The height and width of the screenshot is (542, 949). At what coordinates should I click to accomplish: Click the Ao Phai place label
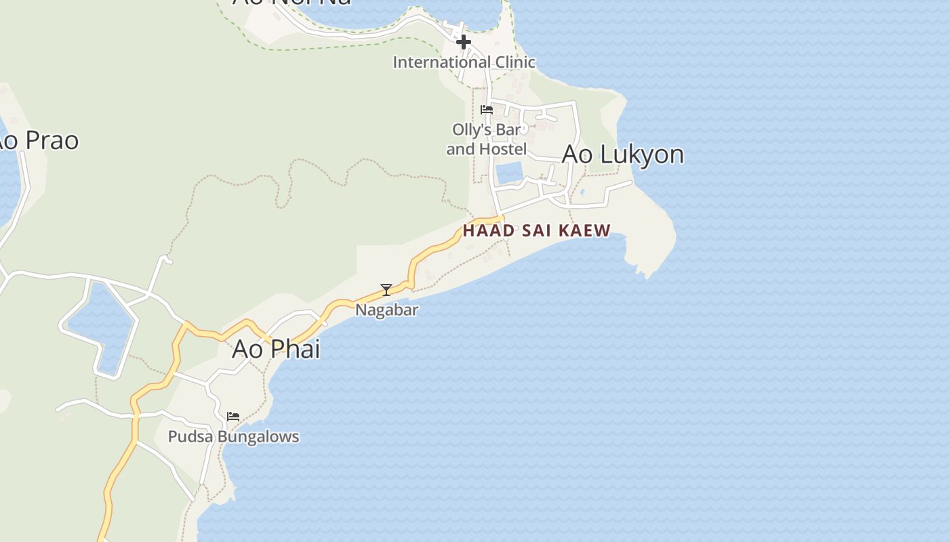click(x=276, y=349)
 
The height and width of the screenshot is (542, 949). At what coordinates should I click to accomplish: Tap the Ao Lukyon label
click(x=622, y=154)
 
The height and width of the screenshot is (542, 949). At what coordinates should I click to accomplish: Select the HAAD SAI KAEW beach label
click(x=536, y=230)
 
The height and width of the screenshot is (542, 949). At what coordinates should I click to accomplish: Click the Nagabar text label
click(x=387, y=310)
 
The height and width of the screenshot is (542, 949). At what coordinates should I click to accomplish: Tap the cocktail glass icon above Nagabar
click(x=386, y=290)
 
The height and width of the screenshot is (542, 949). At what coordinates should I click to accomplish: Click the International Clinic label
click(x=464, y=62)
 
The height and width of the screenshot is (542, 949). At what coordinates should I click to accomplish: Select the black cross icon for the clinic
click(x=464, y=42)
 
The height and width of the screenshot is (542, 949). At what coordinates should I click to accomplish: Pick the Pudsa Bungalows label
click(x=233, y=436)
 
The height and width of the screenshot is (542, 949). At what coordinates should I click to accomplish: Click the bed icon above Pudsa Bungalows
click(x=233, y=416)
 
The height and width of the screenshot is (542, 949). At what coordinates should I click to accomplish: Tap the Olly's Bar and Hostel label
click(x=486, y=139)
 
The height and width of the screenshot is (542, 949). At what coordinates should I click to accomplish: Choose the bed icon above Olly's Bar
click(x=486, y=109)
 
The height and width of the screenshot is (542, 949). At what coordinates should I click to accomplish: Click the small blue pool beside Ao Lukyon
click(x=508, y=173)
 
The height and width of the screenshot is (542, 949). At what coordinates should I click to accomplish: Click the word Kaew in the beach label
click(x=586, y=230)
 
